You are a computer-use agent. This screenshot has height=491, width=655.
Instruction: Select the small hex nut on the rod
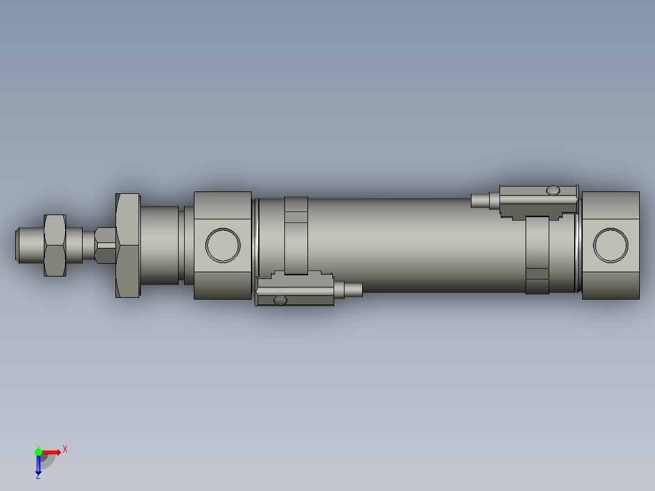point(54,245)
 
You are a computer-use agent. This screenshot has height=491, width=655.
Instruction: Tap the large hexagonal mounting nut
point(128,245)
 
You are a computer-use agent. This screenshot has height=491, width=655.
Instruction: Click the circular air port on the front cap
point(223,245)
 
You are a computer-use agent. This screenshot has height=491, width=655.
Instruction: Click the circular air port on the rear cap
point(611,245)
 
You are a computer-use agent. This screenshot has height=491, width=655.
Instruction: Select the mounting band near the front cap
point(296,234)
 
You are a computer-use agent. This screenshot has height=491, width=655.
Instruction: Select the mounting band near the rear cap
point(538,255)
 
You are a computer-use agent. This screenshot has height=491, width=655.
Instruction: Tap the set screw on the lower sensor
point(280,300)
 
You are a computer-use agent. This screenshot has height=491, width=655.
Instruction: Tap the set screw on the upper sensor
point(553,190)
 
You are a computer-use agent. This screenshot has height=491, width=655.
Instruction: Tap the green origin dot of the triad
point(38,452)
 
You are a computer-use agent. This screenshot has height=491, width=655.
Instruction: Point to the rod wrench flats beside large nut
point(105,245)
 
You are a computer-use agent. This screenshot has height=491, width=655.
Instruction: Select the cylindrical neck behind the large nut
point(159,245)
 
